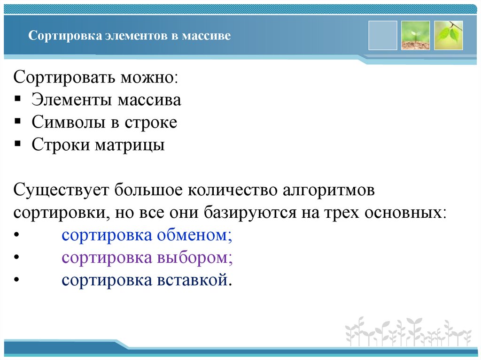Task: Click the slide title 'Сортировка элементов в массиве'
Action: [130, 36]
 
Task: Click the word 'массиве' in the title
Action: [209, 36]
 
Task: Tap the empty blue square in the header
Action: [383, 35]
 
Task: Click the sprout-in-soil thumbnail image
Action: [415, 35]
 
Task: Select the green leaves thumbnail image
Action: [448, 35]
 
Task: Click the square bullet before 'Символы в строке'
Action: [17, 122]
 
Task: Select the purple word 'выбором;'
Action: [195, 258]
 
